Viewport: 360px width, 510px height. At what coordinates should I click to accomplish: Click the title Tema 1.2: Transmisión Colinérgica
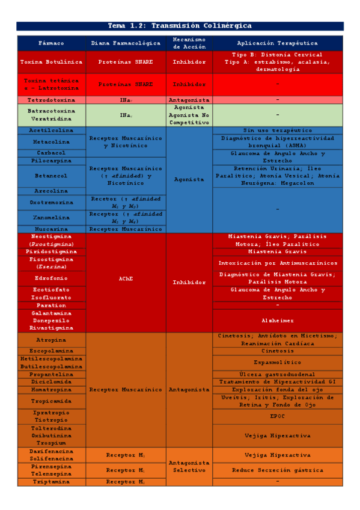(x=180, y=26)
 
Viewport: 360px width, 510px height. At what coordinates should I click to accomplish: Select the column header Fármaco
(x=52, y=43)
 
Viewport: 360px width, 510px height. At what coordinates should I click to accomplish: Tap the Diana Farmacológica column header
(x=126, y=43)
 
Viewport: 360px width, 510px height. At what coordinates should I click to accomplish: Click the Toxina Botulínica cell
(x=52, y=62)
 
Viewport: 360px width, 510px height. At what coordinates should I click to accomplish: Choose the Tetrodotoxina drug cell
(x=52, y=100)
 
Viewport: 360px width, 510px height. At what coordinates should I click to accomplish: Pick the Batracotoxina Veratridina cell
(x=52, y=115)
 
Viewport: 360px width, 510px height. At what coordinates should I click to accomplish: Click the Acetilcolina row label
(x=52, y=130)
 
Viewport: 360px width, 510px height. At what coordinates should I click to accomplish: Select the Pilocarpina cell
(x=52, y=161)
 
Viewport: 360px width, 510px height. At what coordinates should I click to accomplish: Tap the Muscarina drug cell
(x=52, y=229)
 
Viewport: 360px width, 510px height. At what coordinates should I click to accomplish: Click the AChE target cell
(x=126, y=279)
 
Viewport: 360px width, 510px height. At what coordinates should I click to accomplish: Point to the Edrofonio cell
(x=52, y=278)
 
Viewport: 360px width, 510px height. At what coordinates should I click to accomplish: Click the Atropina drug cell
(x=52, y=340)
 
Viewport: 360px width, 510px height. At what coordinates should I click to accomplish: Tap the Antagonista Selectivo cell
(x=189, y=467)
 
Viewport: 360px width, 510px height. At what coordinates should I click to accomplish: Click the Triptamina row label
(x=52, y=482)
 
